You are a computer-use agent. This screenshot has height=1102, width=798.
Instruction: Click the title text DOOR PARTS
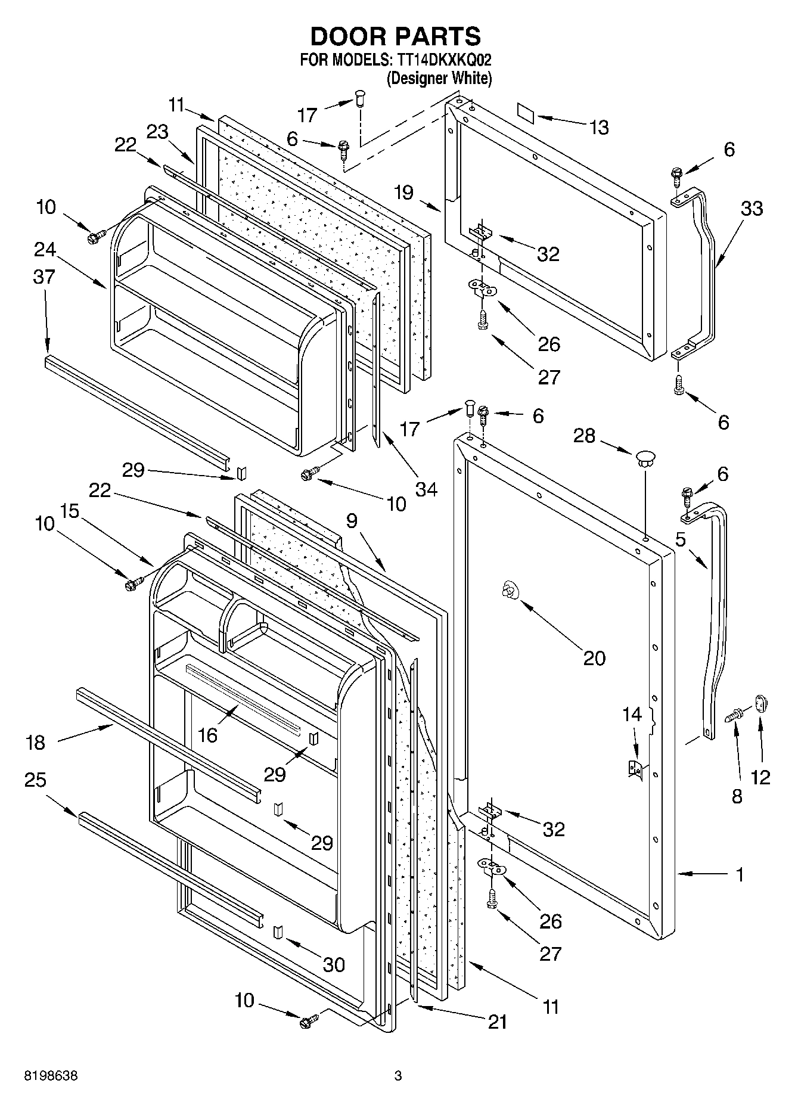pyautogui.click(x=396, y=36)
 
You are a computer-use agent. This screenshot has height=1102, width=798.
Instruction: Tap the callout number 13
pyautogui.click(x=600, y=127)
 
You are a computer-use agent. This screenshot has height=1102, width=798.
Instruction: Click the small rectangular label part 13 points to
pyautogui.click(x=526, y=112)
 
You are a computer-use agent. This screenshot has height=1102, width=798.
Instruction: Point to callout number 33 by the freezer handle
pyautogui.click(x=752, y=209)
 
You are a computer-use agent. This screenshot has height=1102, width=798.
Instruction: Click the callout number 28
pyautogui.click(x=584, y=436)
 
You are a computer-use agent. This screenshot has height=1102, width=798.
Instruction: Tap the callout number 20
pyautogui.click(x=594, y=657)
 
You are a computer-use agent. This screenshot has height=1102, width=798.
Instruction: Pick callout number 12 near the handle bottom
pyautogui.click(x=761, y=777)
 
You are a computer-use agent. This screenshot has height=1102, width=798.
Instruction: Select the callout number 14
pyautogui.click(x=632, y=714)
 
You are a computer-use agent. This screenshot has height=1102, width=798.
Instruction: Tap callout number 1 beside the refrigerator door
pyautogui.click(x=740, y=874)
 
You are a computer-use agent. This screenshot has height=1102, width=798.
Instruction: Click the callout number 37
pyautogui.click(x=45, y=277)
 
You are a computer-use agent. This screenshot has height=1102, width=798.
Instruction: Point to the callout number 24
pyautogui.click(x=45, y=249)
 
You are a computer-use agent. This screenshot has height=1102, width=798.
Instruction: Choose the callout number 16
pyautogui.click(x=207, y=735)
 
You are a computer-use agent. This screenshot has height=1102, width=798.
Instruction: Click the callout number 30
pyautogui.click(x=334, y=964)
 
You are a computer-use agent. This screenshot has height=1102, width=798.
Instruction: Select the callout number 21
pyautogui.click(x=497, y=1022)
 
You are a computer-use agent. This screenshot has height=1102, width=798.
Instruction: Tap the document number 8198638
pyautogui.click(x=51, y=1076)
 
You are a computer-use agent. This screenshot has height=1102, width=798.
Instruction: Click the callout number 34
pyautogui.click(x=426, y=489)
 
